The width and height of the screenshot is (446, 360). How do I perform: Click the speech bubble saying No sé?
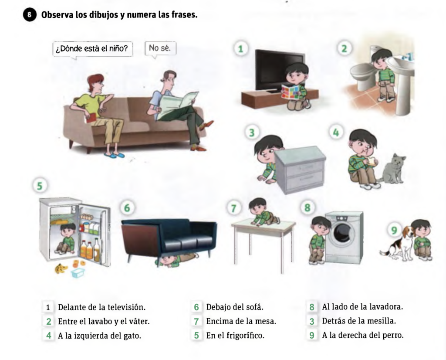click(x=160, y=49)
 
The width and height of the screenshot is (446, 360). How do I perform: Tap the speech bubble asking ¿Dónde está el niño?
click(x=93, y=49)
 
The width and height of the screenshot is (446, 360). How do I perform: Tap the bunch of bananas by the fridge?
click(x=61, y=268)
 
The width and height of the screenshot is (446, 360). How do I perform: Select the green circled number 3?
click(x=252, y=132)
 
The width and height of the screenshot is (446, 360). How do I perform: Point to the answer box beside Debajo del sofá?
click(x=196, y=307)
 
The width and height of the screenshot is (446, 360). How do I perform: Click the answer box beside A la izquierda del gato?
click(x=49, y=336)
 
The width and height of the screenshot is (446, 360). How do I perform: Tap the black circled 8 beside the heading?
click(x=30, y=15)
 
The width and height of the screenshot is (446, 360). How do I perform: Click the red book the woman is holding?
click(x=91, y=118)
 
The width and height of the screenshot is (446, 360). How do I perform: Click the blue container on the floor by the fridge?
click(x=78, y=273)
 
